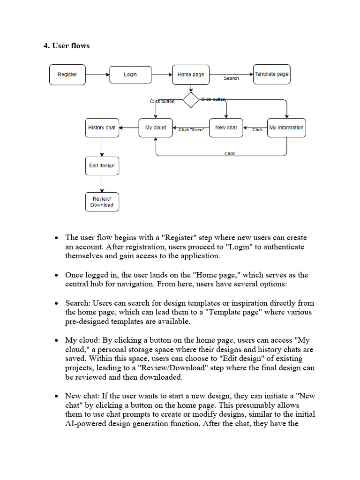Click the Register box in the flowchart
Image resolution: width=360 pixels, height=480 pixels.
67,75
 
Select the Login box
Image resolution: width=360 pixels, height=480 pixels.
130,75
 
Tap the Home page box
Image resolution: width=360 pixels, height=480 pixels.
191,75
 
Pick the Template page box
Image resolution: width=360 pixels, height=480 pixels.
271,74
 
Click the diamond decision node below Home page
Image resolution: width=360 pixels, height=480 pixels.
191,100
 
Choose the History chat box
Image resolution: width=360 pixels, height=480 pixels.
102,127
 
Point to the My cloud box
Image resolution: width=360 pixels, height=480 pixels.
156,127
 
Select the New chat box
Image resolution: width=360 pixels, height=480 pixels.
226,127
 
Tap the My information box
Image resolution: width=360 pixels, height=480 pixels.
286,127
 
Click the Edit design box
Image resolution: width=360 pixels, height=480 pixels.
102,165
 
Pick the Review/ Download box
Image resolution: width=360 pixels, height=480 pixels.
102,202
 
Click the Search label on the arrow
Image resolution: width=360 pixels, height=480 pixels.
231,78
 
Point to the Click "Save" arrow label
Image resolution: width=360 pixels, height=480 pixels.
191,130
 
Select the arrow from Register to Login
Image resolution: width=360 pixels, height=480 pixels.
97,75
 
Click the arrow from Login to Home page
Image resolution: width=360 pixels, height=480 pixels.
162,75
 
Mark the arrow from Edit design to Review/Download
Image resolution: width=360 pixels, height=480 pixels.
102,183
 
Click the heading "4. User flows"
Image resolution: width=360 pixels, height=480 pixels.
67,45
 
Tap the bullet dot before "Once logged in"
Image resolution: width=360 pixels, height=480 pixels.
56,275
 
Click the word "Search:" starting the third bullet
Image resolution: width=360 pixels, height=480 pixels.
78,303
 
